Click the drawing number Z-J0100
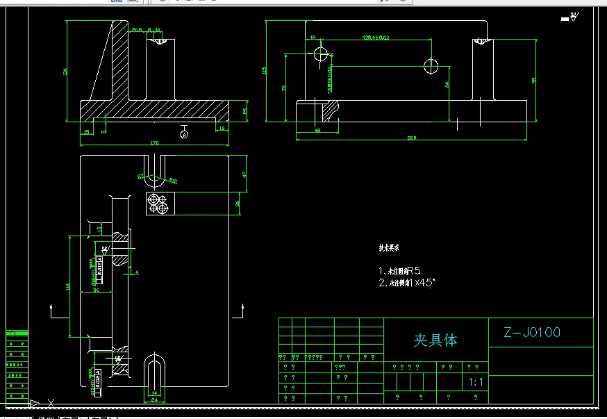tap(533, 332)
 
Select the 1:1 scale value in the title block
tap(476, 381)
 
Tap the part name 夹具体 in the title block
tap(435, 340)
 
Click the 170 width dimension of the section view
tap(154, 142)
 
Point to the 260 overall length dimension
tap(411, 138)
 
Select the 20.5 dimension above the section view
tap(136, 29)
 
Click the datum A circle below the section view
tap(184, 135)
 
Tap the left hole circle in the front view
tap(320, 54)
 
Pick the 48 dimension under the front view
tap(317, 130)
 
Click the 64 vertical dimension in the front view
tap(447, 84)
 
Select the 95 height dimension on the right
tap(533, 80)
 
